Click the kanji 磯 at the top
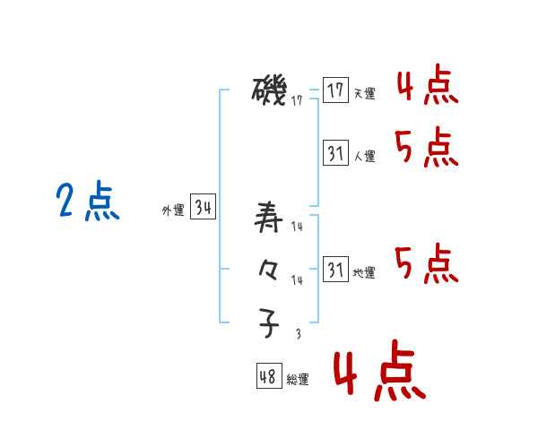(269, 90)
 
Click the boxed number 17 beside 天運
(335, 90)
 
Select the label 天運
(364, 93)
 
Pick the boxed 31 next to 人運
(335, 153)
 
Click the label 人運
(364, 156)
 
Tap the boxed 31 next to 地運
(335, 270)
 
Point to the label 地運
(364, 272)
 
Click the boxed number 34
(204, 208)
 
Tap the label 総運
(298, 380)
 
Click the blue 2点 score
(88, 202)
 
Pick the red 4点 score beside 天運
(427, 87)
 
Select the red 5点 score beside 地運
(427, 262)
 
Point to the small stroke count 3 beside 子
(298, 334)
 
